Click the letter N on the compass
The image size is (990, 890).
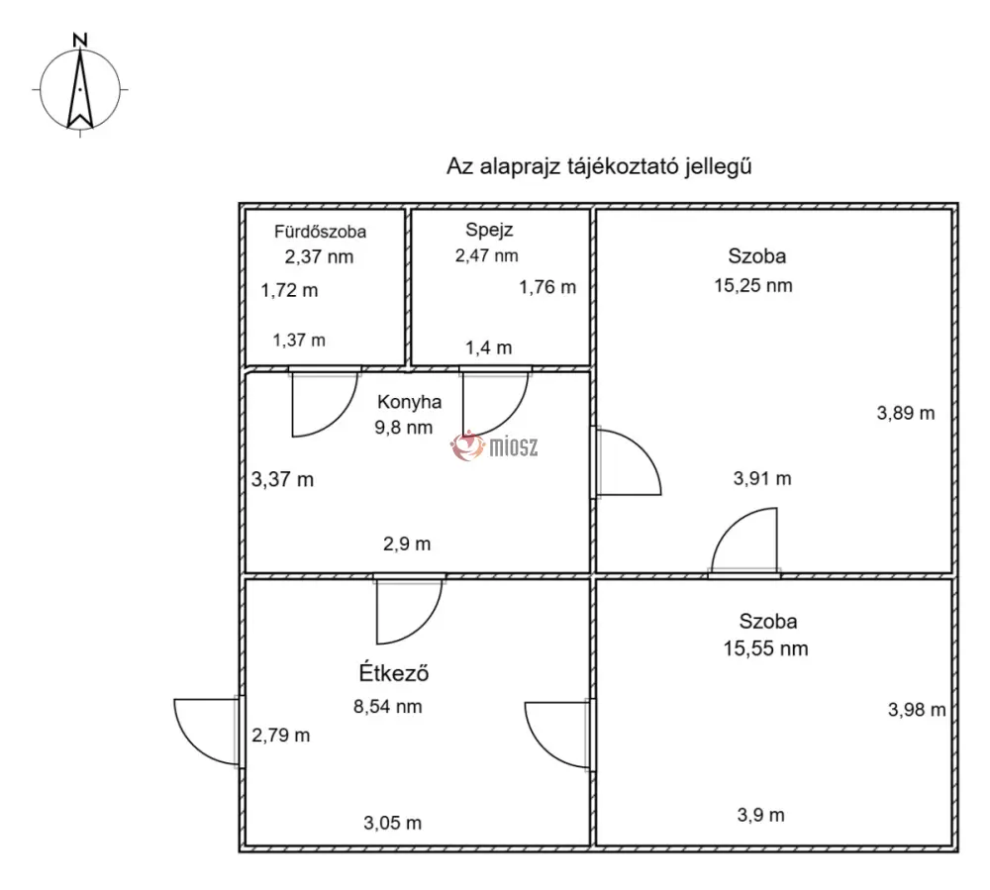tap(79, 40)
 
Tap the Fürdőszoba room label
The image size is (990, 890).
tap(320, 232)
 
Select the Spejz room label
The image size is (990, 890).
tap(489, 231)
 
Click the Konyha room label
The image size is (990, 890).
tap(409, 402)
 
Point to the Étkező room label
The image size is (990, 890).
tap(394, 672)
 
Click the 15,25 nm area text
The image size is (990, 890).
tap(753, 286)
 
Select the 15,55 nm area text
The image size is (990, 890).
tap(766, 648)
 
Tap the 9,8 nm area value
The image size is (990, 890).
tap(404, 428)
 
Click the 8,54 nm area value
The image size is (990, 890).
tap(388, 706)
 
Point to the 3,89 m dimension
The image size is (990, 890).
tap(906, 414)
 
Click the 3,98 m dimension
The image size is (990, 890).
tap(917, 710)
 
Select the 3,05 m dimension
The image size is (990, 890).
tap(393, 823)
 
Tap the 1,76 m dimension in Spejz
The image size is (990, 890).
tap(547, 288)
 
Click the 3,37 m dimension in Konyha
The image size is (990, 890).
tap(282, 480)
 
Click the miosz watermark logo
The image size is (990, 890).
tap(494, 446)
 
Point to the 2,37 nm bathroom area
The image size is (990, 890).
tap(319, 256)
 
